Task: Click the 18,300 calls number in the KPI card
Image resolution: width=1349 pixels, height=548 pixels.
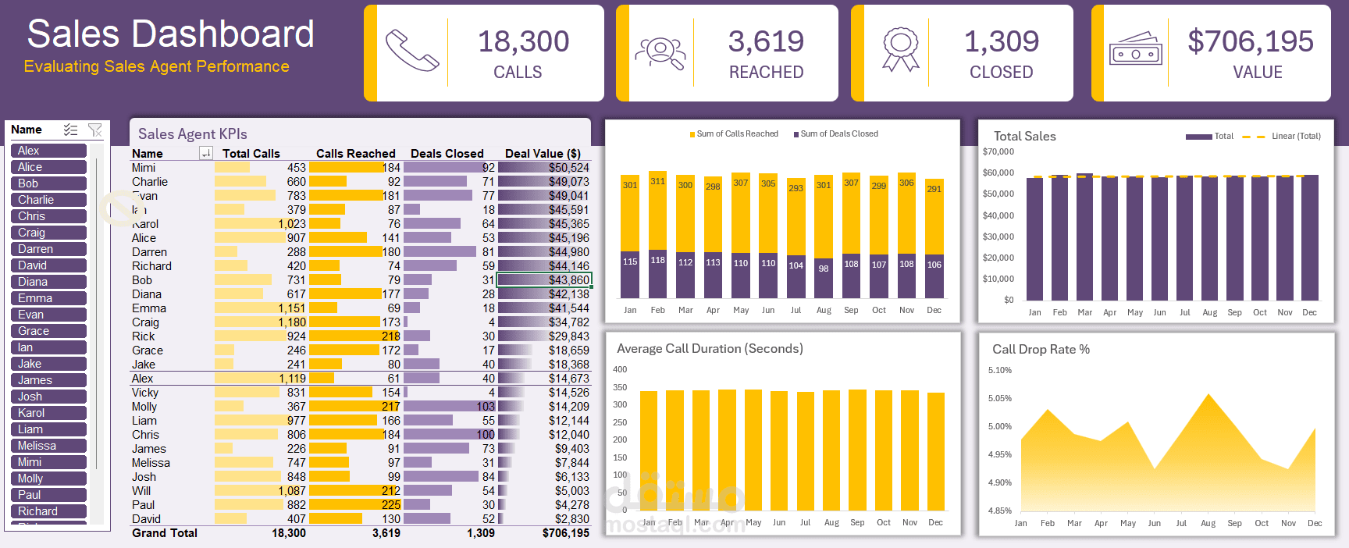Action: [523, 41]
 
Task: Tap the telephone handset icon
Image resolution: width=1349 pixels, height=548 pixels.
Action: [411, 52]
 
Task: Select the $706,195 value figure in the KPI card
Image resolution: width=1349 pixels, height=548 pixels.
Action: [1250, 41]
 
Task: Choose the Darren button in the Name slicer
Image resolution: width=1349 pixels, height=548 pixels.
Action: [48, 249]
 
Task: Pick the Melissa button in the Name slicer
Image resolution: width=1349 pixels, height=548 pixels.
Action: [48, 446]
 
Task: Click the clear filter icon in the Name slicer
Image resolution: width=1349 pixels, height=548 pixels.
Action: [95, 130]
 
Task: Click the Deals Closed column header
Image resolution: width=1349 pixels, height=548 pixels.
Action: [447, 154]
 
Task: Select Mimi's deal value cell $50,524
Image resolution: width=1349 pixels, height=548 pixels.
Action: [568, 168]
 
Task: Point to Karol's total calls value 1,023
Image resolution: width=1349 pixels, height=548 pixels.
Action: [292, 224]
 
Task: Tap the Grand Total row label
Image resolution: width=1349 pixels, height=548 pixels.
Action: [165, 533]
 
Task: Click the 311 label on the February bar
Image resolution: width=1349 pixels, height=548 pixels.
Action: [658, 181]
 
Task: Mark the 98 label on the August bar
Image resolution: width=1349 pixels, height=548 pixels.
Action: [824, 268]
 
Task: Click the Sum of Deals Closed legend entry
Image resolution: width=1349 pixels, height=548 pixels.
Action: [838, 134]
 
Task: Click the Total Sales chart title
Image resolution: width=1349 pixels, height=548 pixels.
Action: [1024, 136]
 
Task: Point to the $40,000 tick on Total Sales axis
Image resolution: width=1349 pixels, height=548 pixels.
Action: [998, 215]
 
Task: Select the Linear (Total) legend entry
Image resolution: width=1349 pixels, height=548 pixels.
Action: [1295, 136]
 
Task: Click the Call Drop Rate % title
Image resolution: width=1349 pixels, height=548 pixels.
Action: [1041, 349]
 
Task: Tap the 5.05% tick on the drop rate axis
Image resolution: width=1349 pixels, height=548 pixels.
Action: [999, 398]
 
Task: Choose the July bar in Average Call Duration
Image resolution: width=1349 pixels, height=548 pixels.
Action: [805, 453]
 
